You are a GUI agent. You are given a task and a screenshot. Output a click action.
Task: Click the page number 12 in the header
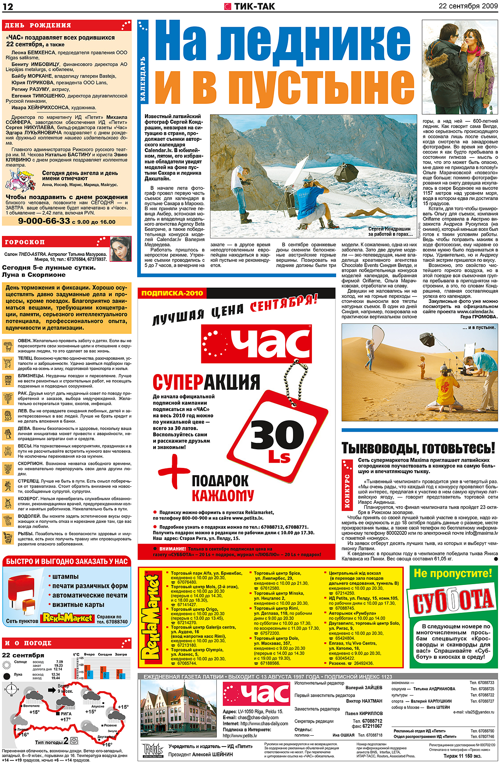(8, 6)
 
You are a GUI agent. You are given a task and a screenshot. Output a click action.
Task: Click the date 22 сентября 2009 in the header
(468, 6)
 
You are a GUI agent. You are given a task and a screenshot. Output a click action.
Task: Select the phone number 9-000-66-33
(44, 221)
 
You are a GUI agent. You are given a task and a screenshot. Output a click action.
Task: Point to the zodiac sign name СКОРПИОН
(31, 464)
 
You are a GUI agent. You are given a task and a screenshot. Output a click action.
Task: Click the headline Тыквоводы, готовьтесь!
(418, 448)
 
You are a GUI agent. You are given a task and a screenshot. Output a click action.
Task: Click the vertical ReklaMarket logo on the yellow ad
(152, 620)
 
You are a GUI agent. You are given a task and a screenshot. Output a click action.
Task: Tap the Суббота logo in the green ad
(453, 603)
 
